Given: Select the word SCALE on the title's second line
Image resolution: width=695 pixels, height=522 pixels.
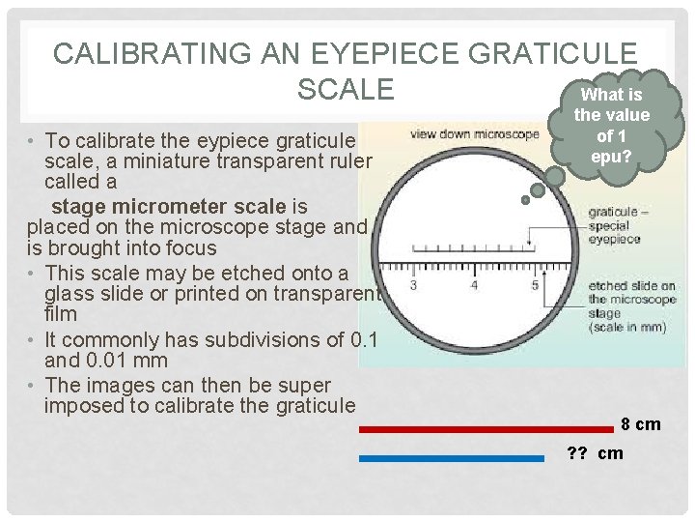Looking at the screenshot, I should click(346, 88).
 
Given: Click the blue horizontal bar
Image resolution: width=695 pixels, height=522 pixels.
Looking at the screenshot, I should click(452, 459).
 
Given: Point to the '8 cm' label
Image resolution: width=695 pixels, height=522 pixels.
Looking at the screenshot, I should click(640, 424).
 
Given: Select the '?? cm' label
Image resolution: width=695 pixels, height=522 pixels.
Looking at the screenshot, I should click(595, 453).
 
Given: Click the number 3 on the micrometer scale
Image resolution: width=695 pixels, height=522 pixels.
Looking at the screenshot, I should click(413, 285).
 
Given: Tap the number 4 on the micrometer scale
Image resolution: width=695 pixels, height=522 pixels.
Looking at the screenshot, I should click(474, 285).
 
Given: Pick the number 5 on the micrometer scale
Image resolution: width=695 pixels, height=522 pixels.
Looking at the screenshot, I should click(535, 285).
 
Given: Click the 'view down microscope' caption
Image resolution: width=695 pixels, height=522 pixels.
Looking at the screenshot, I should click(474, 134).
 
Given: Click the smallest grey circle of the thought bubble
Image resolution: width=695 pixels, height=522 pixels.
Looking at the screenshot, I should click(525, 201).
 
